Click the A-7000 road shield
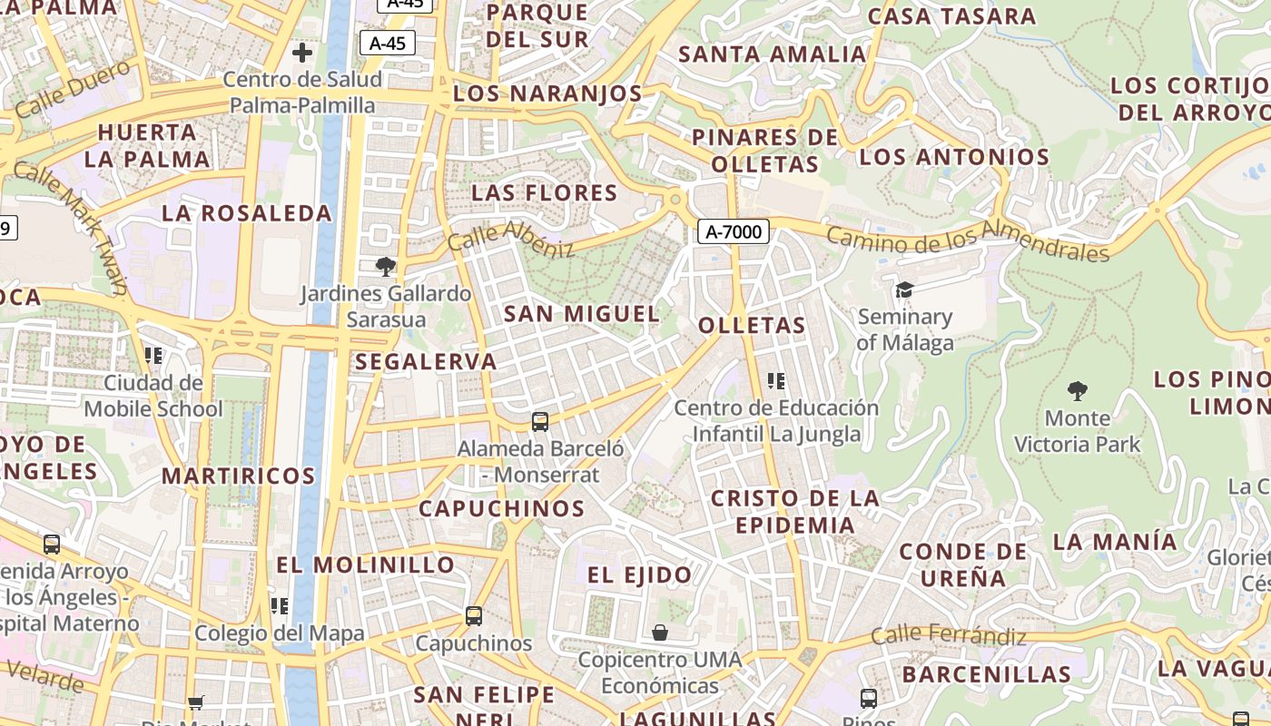pyautogui.click(x=734, y=231)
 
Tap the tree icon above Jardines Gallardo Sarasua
pyautogui.click(x=386, y=266)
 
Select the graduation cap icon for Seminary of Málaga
pyautogui.click(x=904, y=289)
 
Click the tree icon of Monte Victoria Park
pyautogui.click(x=1078, y=391)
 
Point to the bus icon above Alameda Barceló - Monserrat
pyautogui.click(x=540, y=421)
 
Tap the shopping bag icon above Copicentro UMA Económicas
pyautogui.click(x=660, y=632)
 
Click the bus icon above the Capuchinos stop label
pyautogui.click(x=473, y=616)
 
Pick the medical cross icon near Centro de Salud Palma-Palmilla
pyautogui.click(x=302, y=53)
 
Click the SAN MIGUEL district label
pyautogui.click(x=582, y=314)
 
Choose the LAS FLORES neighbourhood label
pyautogui.click(x=545, y=192)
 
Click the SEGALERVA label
pyautogui.click(x=426, y=361)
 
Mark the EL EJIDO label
pyautogui.click(x=639, y=574)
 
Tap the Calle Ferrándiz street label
pyautogui.click(x=948, y=635)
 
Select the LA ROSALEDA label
pyautogui.click(x=247, y=213)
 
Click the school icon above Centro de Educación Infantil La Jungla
pyautogui.click(x=775, y=381)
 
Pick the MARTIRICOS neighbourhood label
pyautogui.click(x=239, y=476)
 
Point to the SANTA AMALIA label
pyautogui.click(x=773, y=54)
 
